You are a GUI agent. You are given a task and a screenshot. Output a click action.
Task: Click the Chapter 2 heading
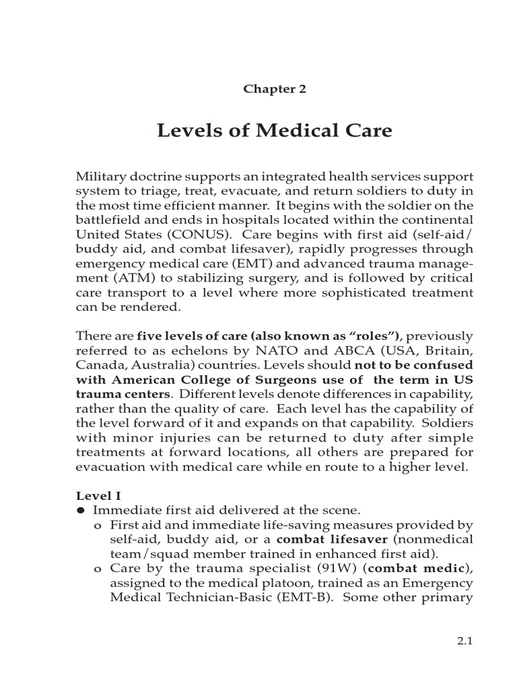pyautogui.click(x=274, y=89)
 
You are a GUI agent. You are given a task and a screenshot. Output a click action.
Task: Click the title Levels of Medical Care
pyautogui.click(x=274, y=130)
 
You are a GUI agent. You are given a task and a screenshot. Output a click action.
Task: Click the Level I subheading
pyautogui.click(x=98, y=496)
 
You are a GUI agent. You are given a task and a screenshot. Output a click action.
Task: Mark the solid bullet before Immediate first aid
pyautogui.click(x=80, y=510)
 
